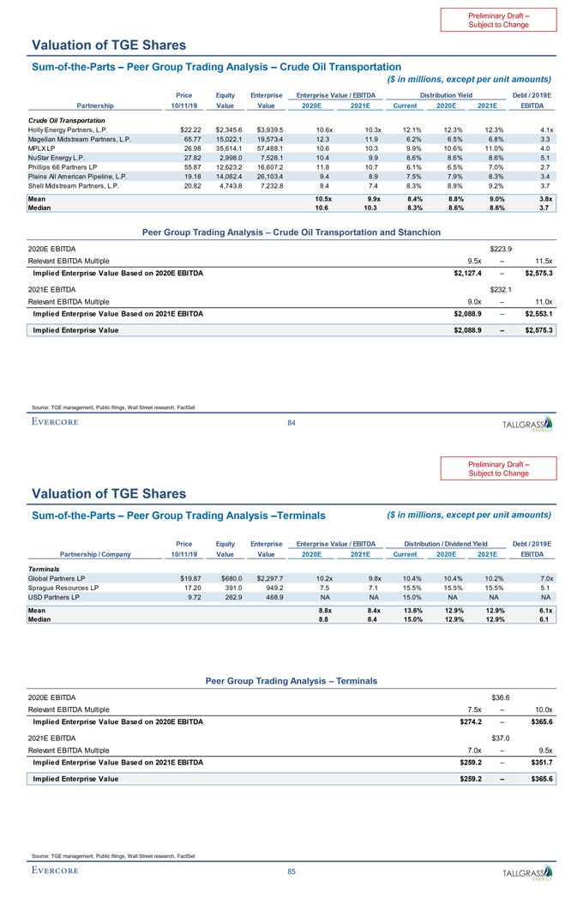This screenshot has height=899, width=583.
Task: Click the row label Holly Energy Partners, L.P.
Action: [68, 128]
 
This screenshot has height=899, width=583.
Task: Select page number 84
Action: [291, 421]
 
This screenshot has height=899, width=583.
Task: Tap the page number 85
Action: [291, 872]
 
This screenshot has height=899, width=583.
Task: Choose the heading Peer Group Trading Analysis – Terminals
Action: [291, 680]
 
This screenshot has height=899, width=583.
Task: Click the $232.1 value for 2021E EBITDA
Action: [501, 289]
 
